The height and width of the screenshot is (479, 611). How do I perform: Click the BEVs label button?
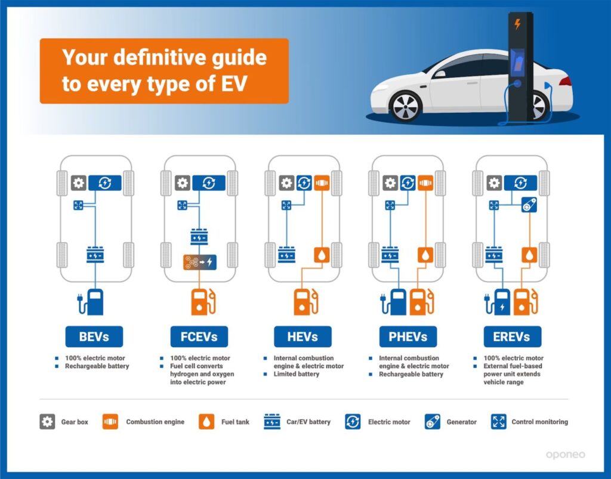[94, 336]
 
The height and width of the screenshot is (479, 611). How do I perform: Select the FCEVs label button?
[199, 336]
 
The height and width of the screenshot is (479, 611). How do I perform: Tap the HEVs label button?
[303, 336]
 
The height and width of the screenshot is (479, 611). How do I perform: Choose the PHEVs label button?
[408, 336]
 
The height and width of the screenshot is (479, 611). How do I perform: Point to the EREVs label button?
[513, 336]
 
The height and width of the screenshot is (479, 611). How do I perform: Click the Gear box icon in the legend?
[47, 421]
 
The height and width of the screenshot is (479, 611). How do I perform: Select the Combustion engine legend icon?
[110, 421]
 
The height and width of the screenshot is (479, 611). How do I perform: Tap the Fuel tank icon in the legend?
[206, 421]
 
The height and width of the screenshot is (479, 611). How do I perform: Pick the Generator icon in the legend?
[433, 422]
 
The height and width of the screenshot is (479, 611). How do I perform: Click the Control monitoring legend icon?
[499, 422]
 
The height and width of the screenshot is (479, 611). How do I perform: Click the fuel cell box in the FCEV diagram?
[200, 262]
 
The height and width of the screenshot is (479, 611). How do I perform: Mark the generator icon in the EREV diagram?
[529, 205]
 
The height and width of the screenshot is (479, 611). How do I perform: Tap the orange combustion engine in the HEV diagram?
[322, 183]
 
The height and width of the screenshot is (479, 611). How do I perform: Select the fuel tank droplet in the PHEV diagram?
[425, 255]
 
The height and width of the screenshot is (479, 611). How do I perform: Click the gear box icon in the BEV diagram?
[79, 183]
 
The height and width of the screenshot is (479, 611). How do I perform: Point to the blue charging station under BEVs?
[91, 302]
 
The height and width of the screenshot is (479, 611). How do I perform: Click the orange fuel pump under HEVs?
[306, 302]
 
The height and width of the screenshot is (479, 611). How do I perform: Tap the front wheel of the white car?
[406, 106]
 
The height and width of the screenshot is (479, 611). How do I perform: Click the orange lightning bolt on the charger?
[517, 24]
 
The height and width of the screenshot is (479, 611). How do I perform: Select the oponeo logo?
[566, 455]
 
